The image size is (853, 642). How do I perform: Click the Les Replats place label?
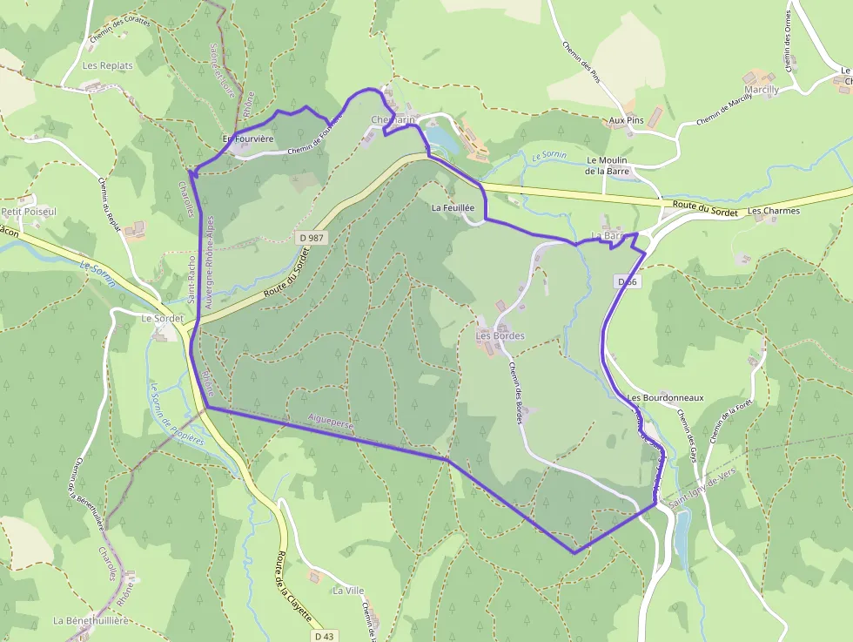coord(107,65)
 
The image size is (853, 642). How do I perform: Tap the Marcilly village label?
coord(762,90)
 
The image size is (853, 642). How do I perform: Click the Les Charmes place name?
coord(774,211)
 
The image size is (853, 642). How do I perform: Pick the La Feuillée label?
coord(453,208)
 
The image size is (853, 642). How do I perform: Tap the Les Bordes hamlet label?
coord(500,335)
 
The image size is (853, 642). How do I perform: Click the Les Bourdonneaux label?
coord(665,398)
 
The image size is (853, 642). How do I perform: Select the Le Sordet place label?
coord(162,319)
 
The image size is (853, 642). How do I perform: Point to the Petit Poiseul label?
coord(29,212)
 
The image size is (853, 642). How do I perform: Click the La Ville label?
coord(348,591)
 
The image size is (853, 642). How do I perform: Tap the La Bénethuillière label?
coord(91,620)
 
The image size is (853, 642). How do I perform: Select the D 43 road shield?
coord(324,637)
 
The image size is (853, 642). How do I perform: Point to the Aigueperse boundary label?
coord(332,424)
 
